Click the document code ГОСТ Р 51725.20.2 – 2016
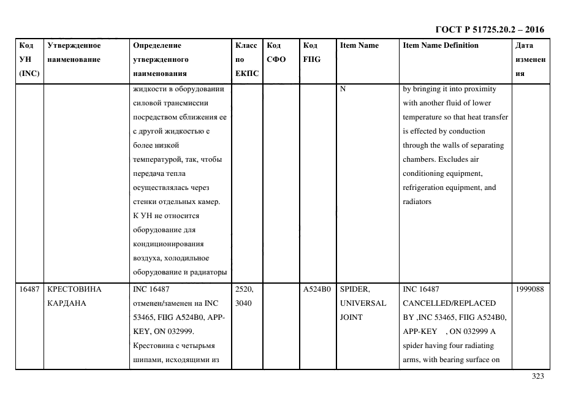(x=489, y=29)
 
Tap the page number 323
(x=537, y=376)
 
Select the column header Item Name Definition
(x=440, y=45)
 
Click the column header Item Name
(x=359, y=45)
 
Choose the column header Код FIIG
(x=311, y=53)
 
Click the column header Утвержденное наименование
(x=74, y=53)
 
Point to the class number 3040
(x=243, y=303)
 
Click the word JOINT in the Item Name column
(x=352, y=317)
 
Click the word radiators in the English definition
(x=417, y=202)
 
